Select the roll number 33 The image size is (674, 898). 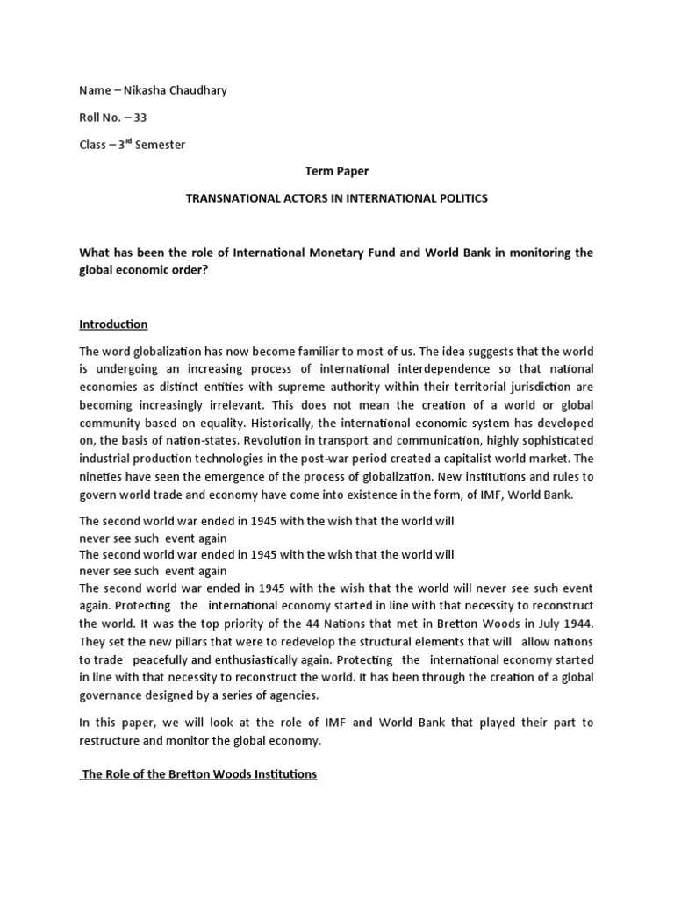click(140, 118)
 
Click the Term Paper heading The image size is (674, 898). click(336, 172)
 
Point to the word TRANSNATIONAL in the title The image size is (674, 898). click(230, 198)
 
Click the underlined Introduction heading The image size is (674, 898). click(113, 324)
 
